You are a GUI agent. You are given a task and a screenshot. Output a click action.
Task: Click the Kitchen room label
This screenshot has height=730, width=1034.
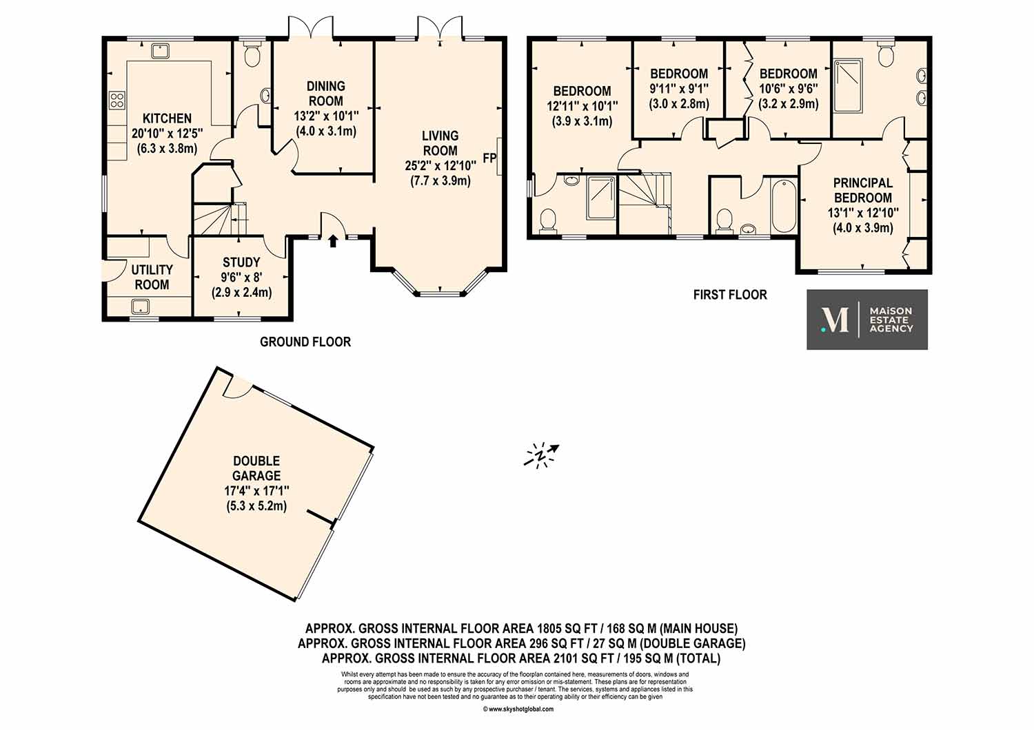click(x=167, y=118)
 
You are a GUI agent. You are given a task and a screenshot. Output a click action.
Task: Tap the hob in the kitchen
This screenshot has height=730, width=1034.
click(x=116, y=100)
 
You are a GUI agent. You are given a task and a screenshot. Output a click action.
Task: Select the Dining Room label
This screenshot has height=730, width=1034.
click(x=326, y=94)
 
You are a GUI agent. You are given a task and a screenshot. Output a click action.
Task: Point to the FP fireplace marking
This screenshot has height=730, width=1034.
click(x=489, y=158)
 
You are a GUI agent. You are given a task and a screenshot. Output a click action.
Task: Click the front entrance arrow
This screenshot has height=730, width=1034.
click(x=333, y=241)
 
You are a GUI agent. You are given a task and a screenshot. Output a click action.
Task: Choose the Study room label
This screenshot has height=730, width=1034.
click(x=241, y=262)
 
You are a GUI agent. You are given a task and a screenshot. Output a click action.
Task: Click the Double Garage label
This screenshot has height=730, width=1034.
click(x=256, y=468)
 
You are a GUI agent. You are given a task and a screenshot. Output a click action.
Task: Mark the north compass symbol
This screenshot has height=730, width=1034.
click(x=541, y=455)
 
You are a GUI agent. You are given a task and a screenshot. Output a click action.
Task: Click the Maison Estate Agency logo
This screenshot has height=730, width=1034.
click(x=867, y=320)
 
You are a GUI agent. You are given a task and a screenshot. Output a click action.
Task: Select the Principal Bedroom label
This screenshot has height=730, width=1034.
click(x=863, y=191)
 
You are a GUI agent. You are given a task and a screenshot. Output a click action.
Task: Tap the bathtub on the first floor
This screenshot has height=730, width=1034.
click(x=784, y=206)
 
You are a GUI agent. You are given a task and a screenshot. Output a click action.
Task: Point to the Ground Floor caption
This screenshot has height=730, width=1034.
click(x=305, y=342)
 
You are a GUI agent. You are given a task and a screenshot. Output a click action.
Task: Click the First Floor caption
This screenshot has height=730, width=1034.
click(x=730, y=295)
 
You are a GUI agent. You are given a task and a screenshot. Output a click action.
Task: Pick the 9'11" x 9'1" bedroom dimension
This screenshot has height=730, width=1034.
click(x=679, y=88)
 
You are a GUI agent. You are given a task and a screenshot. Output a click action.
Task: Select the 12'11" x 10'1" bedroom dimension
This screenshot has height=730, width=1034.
click(x=582, y=106)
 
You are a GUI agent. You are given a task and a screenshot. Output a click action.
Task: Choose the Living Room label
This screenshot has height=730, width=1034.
click(x=440, y=143)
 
